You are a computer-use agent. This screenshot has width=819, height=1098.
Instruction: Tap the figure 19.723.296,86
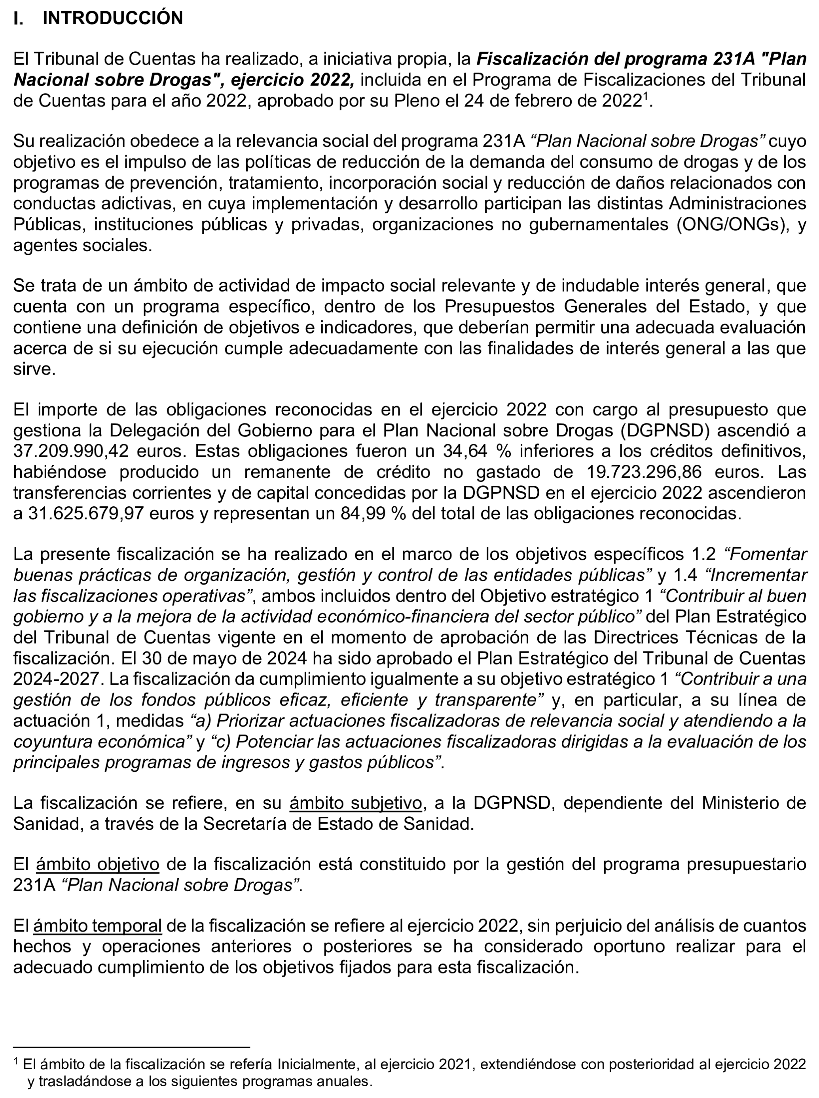pyautogui.click(x=644, y=472)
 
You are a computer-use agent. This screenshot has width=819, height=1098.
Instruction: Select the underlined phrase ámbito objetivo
pyautogui.click(x=98, y=865)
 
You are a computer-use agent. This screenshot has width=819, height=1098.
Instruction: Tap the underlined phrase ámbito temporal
pyautogui.click(x=98, y=926)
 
